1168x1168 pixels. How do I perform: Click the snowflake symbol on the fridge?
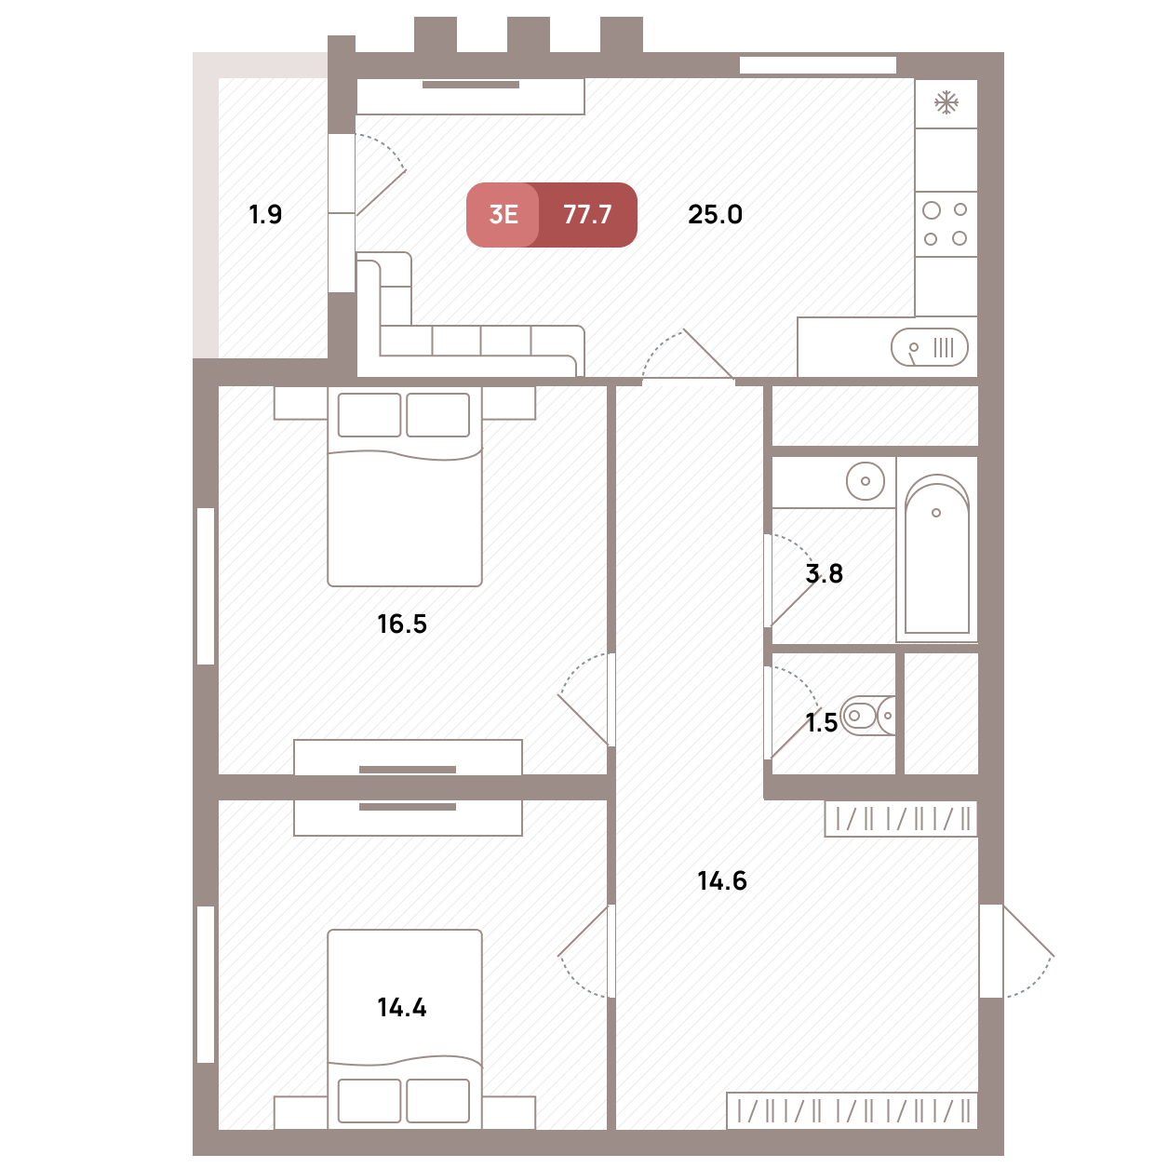[946, 102]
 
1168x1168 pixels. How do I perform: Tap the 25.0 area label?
[715, 215]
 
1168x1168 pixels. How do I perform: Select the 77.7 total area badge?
[587, 215]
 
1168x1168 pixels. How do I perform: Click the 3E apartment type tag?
[503, 215]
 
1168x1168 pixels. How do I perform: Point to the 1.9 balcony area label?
[265, 215]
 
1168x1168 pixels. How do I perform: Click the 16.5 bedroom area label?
[402, 624]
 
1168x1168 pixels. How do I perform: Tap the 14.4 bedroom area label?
[402, 1007]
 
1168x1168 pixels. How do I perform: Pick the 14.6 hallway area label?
[722, 880]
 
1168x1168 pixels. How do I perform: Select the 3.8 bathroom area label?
[825, 573]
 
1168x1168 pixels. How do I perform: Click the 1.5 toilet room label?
[821, 722]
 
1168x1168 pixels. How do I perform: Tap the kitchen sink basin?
[929, 347]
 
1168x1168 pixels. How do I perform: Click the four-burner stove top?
[946, 224]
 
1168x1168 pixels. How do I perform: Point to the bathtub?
[936, 554]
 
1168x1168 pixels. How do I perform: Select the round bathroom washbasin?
[865, 480]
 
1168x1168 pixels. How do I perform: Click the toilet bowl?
[868, 716]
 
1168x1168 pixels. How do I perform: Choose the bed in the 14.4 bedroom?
[405, 1030]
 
